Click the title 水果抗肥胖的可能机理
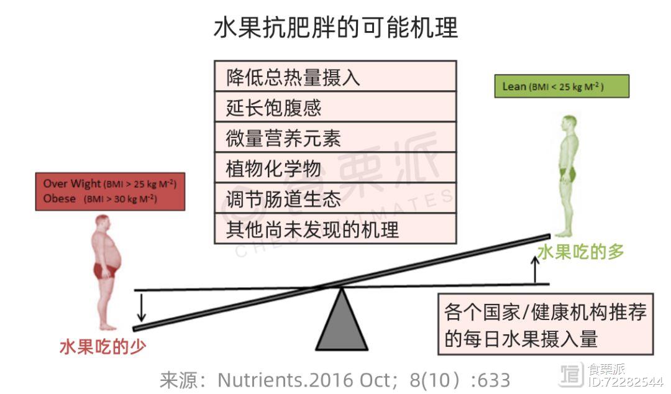[335, 27]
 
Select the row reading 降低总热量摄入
[335, 76]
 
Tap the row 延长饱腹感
[335, 107]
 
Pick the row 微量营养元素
[335, 137]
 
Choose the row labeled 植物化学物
[335, 167]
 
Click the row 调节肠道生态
[335, 198]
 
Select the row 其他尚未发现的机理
[335, 229]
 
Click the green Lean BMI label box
[562, 86]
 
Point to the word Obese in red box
[60, 199]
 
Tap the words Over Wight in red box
[72, 184]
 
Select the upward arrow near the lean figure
[535, 270]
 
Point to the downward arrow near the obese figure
[141, 307]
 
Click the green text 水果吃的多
[581, 252]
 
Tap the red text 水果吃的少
[103, 347]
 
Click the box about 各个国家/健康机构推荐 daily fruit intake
[545, 324]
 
